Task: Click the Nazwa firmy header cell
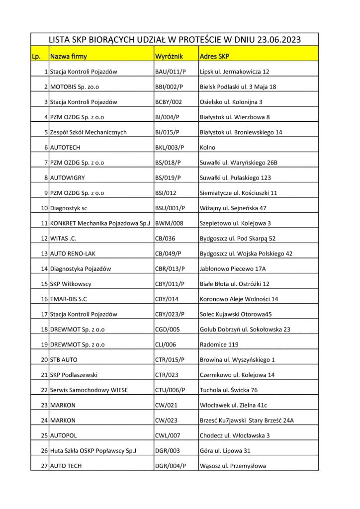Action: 68,56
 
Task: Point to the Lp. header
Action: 36,56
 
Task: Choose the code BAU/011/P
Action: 170,72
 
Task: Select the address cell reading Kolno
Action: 207,148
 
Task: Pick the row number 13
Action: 44,254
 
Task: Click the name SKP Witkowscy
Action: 71,284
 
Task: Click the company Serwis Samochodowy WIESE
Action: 89,390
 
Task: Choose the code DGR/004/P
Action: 170,466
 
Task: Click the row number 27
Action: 44,466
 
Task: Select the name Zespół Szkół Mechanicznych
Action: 89,132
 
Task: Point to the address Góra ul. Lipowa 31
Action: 225,451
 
